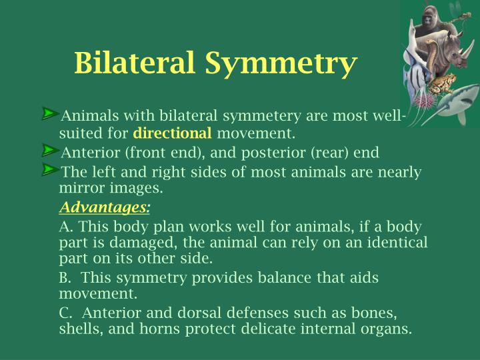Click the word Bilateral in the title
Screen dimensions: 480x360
point(135,63)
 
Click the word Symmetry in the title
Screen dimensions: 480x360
point(281,64)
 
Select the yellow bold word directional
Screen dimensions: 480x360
point(172,133)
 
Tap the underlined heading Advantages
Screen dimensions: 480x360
point(103,207)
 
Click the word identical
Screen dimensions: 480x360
point(397,242)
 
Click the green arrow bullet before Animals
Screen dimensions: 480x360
point(51,113)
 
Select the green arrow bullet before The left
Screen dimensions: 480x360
point(51,170)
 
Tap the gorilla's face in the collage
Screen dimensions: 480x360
point(428,18)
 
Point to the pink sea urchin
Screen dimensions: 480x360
point(425,100)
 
